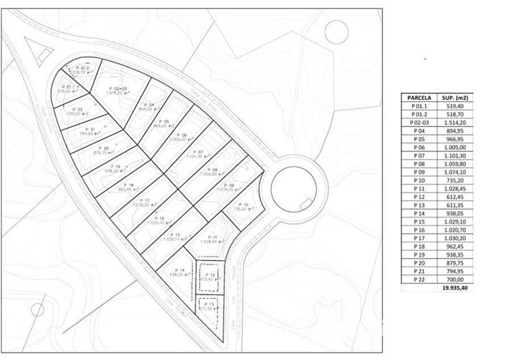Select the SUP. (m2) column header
[456, 97]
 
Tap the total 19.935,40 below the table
[456, 290]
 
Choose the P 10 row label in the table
[417, 180]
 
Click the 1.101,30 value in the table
[456, 155]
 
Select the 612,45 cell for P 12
[456, 198]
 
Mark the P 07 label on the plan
[195, 152]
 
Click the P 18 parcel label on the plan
[129, 184]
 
